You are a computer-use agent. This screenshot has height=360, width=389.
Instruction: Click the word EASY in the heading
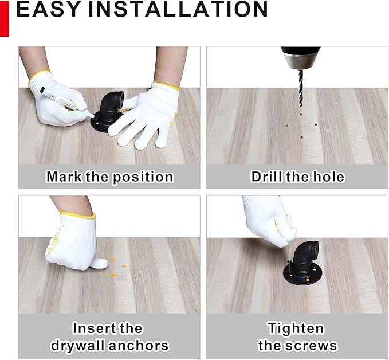(x=48, y=9)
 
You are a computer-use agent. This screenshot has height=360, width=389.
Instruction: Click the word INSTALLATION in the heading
(x=178, y=9)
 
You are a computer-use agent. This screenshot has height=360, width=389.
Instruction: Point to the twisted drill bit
(x=301, y=89)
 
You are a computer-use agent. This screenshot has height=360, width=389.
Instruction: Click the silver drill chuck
(x=301, y=61)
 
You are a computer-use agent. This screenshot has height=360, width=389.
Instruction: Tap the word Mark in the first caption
(x=64, y=177)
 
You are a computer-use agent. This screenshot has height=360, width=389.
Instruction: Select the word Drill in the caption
(x=266, y=177)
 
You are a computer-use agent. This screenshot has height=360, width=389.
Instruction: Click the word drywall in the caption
(x=78, y=346)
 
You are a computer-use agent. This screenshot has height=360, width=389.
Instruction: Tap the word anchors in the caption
(x=139, y=346)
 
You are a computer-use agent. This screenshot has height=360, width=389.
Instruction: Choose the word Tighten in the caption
(x=296, y=328)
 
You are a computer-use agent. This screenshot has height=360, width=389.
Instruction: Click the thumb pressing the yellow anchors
(x=98, y=263)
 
